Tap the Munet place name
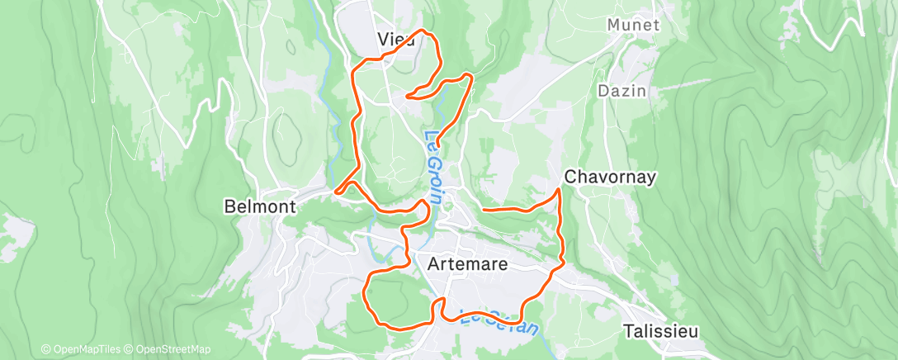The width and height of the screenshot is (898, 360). click(x=633, y=26)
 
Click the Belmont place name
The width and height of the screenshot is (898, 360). click(x=260, y=207)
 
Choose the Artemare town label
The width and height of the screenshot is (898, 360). click(x=468, y=265)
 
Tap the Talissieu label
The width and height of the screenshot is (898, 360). click(x=660, y=331)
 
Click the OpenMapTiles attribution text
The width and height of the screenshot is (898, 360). click(x=83, y=349)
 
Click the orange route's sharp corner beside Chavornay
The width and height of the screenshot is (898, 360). click(x=560, y=190)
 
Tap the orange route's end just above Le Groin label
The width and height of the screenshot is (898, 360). click(x=437, y=145)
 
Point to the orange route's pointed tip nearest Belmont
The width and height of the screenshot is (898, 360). click(x=335, y=192)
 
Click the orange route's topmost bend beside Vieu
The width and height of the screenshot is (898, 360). click(x=424, y=31)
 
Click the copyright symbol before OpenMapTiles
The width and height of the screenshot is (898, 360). click(x=45, y=349)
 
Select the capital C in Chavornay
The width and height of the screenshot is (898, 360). click(x=570, y=177)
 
